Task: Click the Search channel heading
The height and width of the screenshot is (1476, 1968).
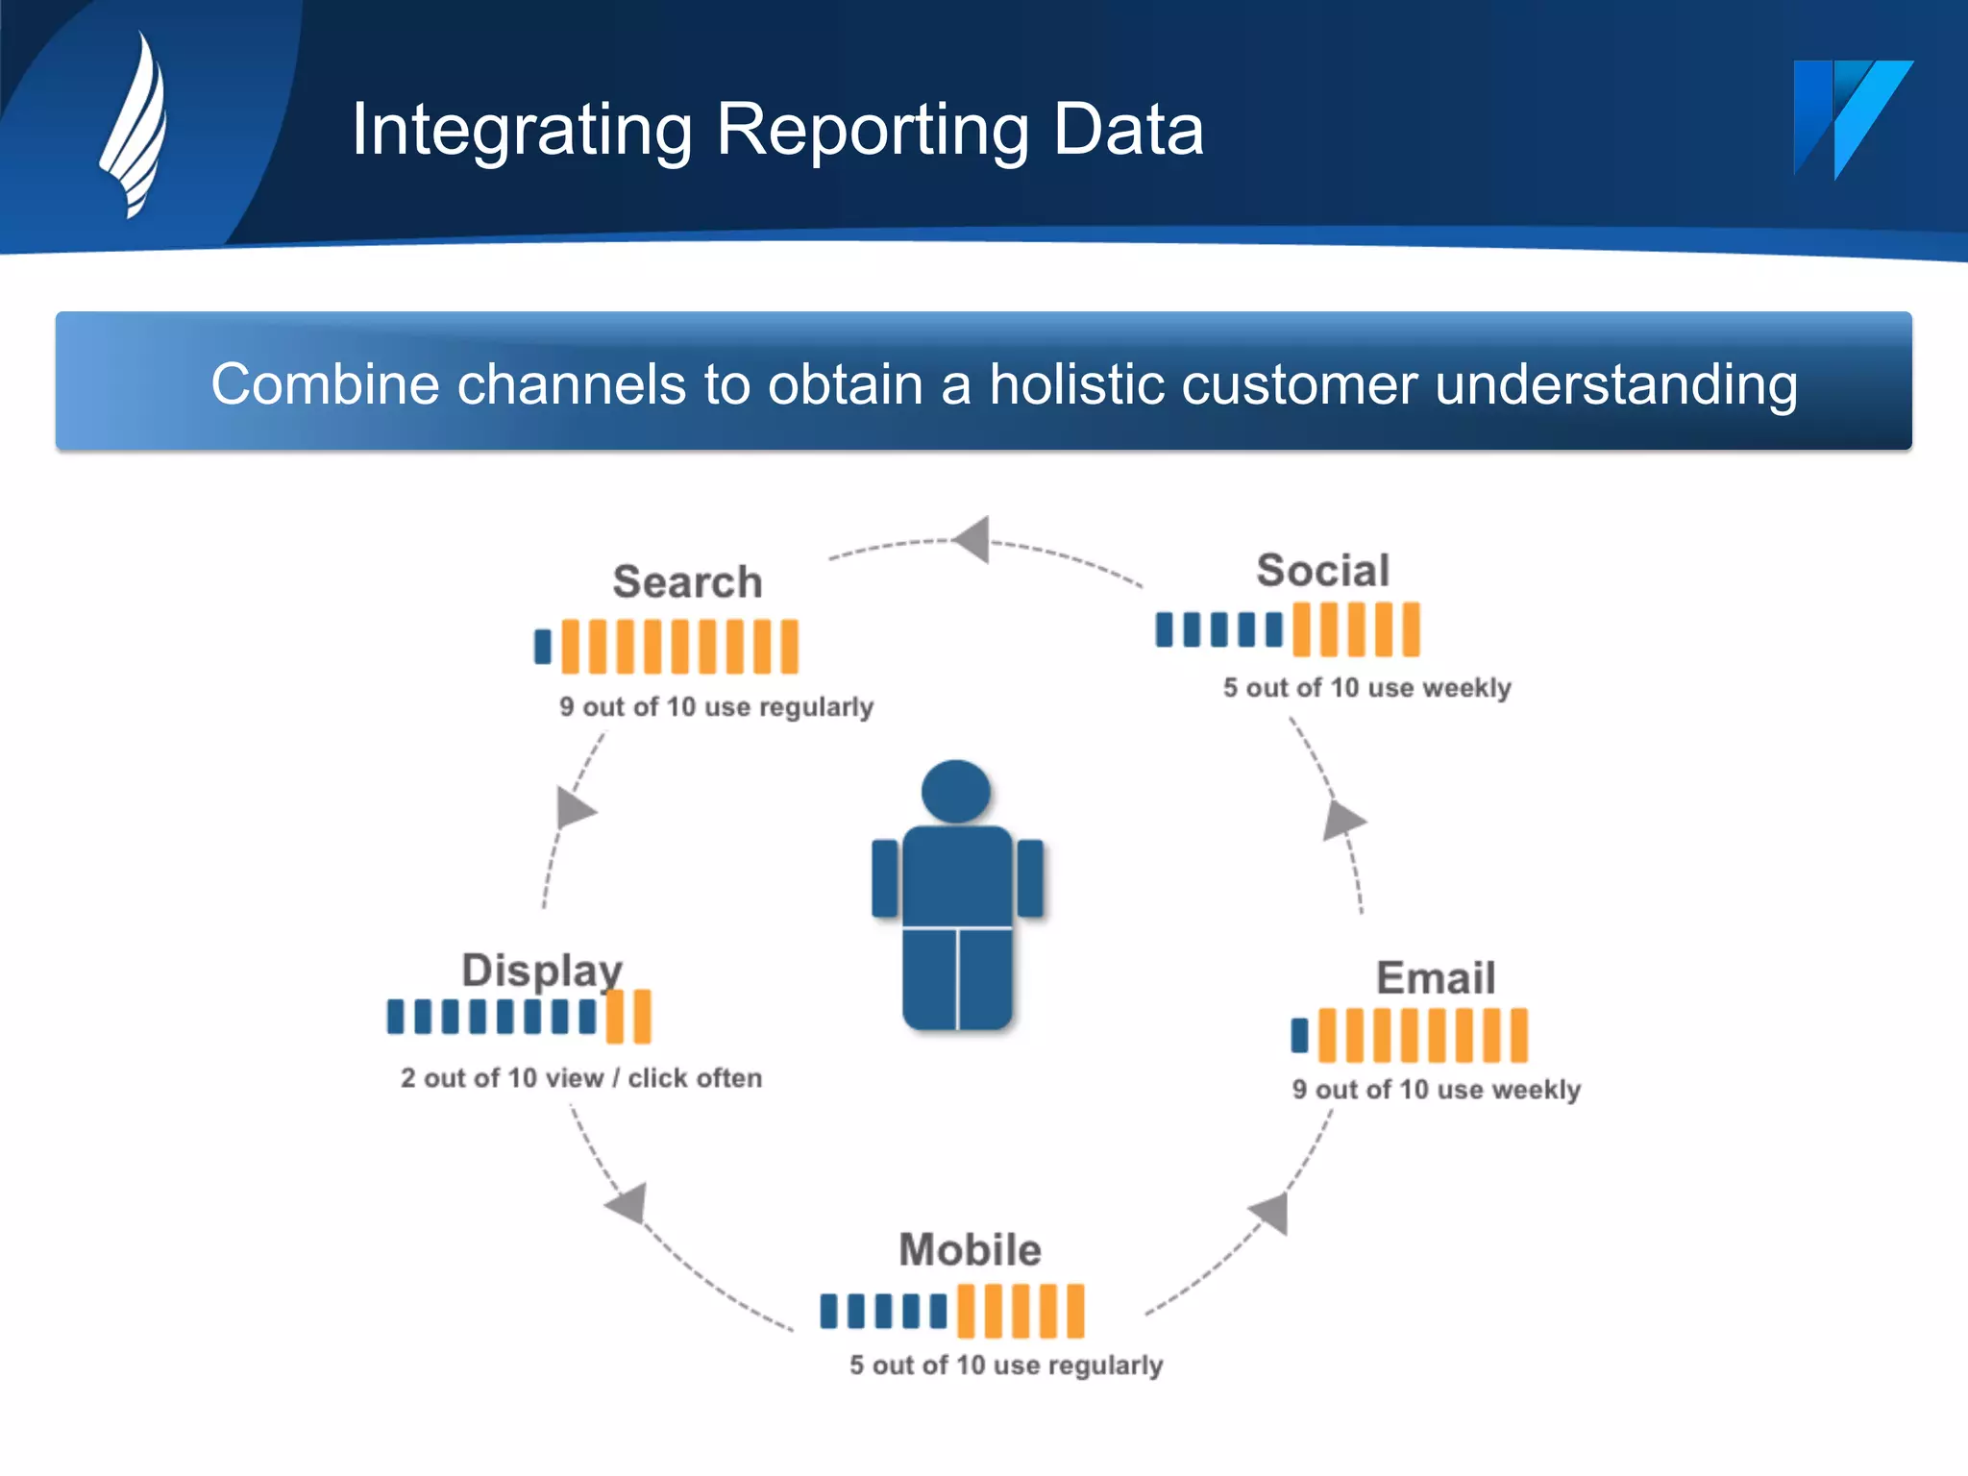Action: tap(687, 582)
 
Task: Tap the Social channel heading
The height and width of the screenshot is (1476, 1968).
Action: tap(1323, 571)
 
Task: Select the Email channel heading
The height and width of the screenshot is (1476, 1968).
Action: tap(1436, 978)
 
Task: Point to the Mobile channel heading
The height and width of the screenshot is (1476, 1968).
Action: tap(970, 1250)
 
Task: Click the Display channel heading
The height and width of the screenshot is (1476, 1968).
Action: tap(542, 971)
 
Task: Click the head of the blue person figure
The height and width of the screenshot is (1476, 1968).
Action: tap(955, 792)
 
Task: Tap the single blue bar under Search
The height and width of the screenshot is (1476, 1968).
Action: tap(543, 647)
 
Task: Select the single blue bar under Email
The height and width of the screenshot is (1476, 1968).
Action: tap(1299, 1036)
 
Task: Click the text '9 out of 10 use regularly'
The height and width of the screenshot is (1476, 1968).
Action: tap(716, 707)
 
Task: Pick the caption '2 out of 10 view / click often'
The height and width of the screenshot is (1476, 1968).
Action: tap(581, 1078)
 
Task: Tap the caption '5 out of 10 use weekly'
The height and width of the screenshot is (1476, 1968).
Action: tap(1366, 688)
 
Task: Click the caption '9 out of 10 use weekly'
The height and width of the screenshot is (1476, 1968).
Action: tap(1436, 1090)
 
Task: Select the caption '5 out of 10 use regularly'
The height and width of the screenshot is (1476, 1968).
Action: tap(1005, 1365)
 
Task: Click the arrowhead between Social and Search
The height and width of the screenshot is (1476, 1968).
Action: tap(973, 540)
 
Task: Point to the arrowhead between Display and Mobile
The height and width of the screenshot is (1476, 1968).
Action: tap(628, 1204)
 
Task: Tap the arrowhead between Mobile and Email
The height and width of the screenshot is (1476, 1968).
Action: tap(1271, 1213)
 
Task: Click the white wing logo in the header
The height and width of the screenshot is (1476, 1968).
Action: tap(135, 125)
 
